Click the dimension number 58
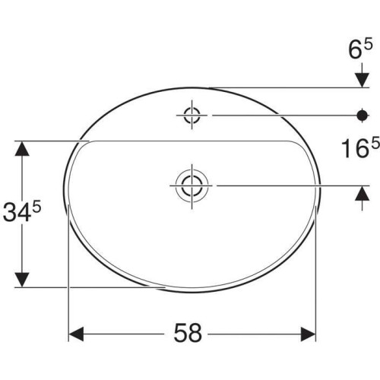pos(188,332)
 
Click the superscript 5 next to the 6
pos(368,45)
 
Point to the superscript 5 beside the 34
pos(36,208)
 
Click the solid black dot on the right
pos(363,116)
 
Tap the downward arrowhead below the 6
pos(362,80)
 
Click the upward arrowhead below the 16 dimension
pos(362,193)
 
